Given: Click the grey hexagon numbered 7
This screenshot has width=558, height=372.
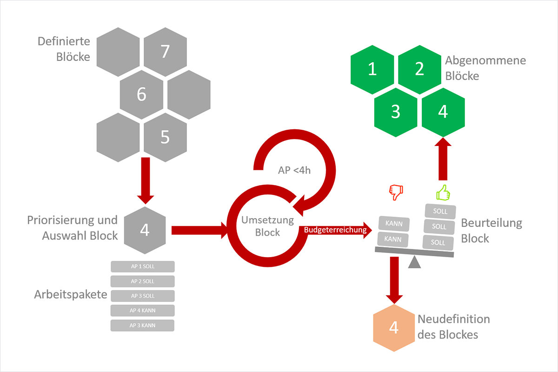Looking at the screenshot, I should click(x=165, y=52).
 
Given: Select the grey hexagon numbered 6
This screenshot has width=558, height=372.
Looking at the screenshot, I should click(x=142, y=94).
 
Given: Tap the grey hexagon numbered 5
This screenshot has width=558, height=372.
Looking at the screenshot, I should click(x=165, y=136).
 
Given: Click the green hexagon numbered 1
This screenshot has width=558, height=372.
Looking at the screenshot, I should click(x=372, y=69).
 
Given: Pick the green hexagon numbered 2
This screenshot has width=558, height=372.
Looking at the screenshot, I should click(x=419, y=69).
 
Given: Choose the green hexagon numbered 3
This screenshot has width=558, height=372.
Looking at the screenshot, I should click(x=396, y=112).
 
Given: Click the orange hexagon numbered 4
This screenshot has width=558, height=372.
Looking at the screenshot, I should click(x=394, y=327).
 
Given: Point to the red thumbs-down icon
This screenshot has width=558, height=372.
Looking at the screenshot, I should click(x=396, y=192).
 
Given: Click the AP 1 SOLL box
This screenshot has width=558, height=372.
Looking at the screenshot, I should click(x=142, y=266).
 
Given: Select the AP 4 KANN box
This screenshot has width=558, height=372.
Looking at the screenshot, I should click(x=142, y=310).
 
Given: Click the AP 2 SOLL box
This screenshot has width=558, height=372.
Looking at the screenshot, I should click(x=142, y=281).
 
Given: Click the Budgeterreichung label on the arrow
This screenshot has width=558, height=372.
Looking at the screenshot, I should click(x=335, y=229).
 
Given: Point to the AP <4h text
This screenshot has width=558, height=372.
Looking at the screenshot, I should click(x=294, y=170).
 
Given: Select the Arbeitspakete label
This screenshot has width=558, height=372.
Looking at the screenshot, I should click(x=71, y=295).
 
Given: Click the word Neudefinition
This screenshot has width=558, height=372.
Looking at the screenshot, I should click(x=453, y=319).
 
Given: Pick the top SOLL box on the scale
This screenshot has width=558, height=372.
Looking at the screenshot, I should click(x=439, y=211).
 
